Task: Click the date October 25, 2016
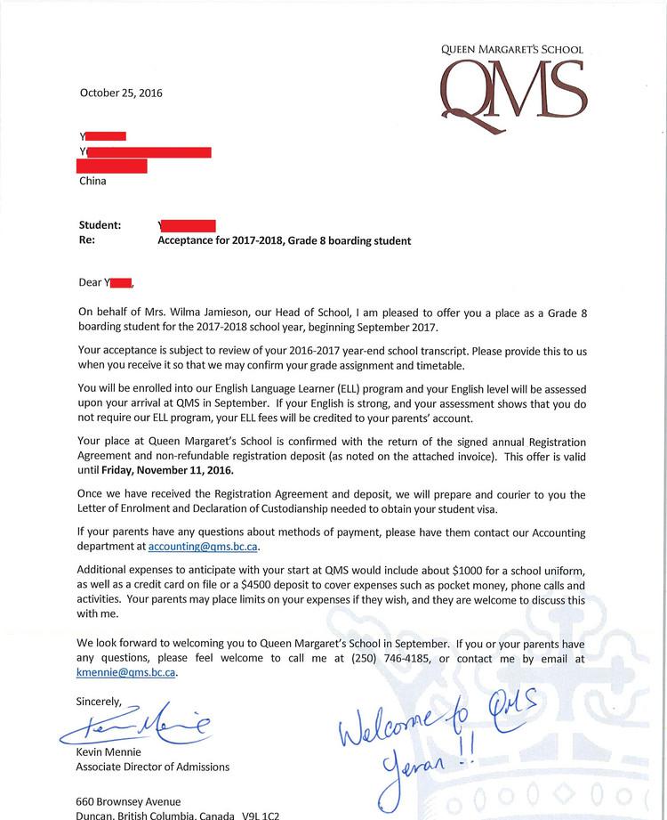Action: (x=121, y=93)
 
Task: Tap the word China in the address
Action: (x=92, y=181)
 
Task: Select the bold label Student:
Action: (x=100, y=225)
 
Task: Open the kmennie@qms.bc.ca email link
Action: (x=126, y=673)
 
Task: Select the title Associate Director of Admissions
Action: (x=153, y=767)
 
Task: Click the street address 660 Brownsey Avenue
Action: (x=129, y=801)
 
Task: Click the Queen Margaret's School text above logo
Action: (x=512, y=50)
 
